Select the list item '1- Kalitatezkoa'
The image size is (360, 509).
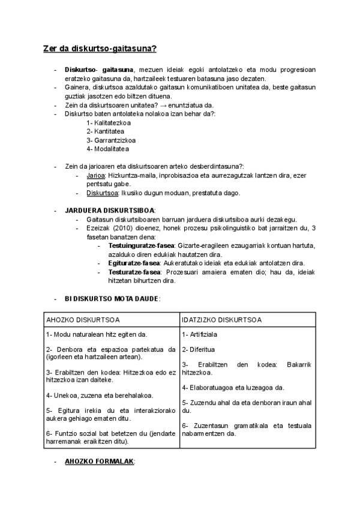[x=109, y=122]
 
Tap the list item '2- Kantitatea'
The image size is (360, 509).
[x=106, y=131]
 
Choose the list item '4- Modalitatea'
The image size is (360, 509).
[x=107, y=148]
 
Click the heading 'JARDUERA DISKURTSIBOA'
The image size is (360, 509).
[x=109, y=210]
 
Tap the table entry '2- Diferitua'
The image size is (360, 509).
[x=199, y=349]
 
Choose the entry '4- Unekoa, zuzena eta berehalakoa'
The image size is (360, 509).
[x=99, y=395]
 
